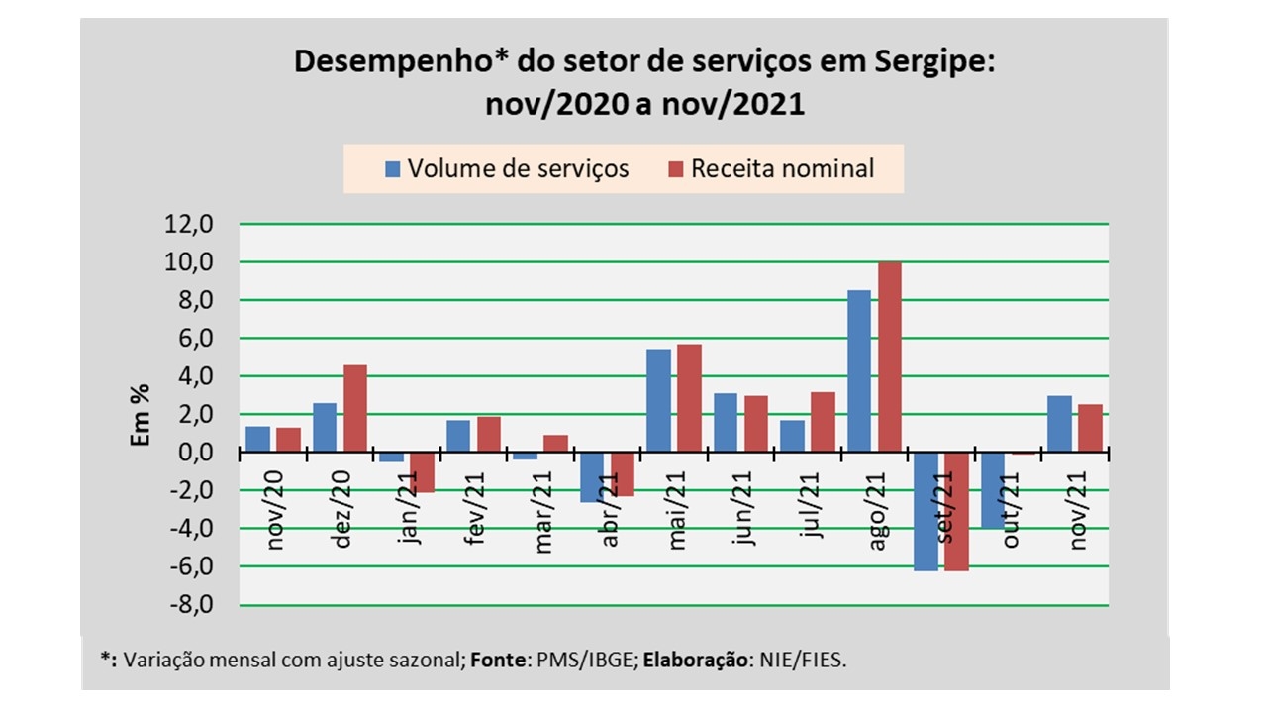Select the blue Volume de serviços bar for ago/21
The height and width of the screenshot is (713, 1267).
click(859, 371)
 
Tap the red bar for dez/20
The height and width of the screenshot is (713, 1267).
click(355, 408)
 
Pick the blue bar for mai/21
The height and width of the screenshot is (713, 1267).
click(658, 400)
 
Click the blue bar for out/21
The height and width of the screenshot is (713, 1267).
click(992, 490)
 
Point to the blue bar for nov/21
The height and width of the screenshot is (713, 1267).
click(1059, 424)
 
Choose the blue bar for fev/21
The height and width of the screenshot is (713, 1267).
click(457, 436)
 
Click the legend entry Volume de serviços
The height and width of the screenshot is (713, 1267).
click(506, 168)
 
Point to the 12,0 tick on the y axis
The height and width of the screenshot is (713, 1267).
click(191, 224)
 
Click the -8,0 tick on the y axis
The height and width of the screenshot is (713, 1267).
click(191, 605)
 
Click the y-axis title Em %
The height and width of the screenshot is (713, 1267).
click(140, 415)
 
